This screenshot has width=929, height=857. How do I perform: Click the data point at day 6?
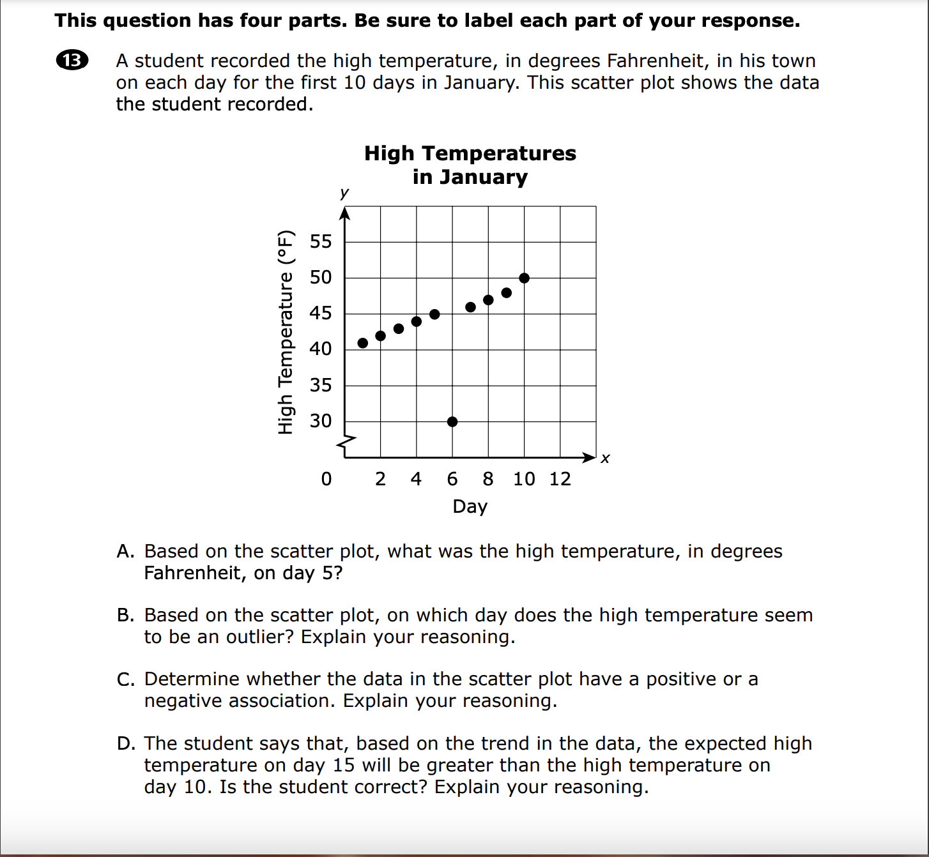point(452,421)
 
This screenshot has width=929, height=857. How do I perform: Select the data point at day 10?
point(524,278)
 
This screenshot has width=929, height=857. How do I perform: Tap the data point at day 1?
point(363,343)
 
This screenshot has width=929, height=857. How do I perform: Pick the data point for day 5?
point(434,314)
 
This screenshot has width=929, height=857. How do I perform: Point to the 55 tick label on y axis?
point(321,241)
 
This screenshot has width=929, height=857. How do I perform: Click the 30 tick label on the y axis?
point(321,421)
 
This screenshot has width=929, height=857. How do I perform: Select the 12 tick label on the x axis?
point(560,479)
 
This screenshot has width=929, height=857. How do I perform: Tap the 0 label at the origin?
point(326,479)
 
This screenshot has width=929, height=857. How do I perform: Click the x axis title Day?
point(470,506)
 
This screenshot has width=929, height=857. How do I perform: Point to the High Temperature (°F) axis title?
point(286,332)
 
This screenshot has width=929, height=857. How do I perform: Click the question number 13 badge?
point(72,61)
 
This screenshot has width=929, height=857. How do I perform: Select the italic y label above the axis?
point(344,192)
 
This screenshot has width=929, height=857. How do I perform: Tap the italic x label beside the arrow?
point(605,459)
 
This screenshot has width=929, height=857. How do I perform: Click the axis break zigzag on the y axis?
point(346,442)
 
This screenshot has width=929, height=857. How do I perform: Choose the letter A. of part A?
point(126,551)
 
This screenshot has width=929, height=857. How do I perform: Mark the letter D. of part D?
point(126,743)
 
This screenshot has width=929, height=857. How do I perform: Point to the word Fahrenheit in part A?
point(192,573)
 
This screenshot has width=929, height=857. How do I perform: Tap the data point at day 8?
point(488,300)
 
